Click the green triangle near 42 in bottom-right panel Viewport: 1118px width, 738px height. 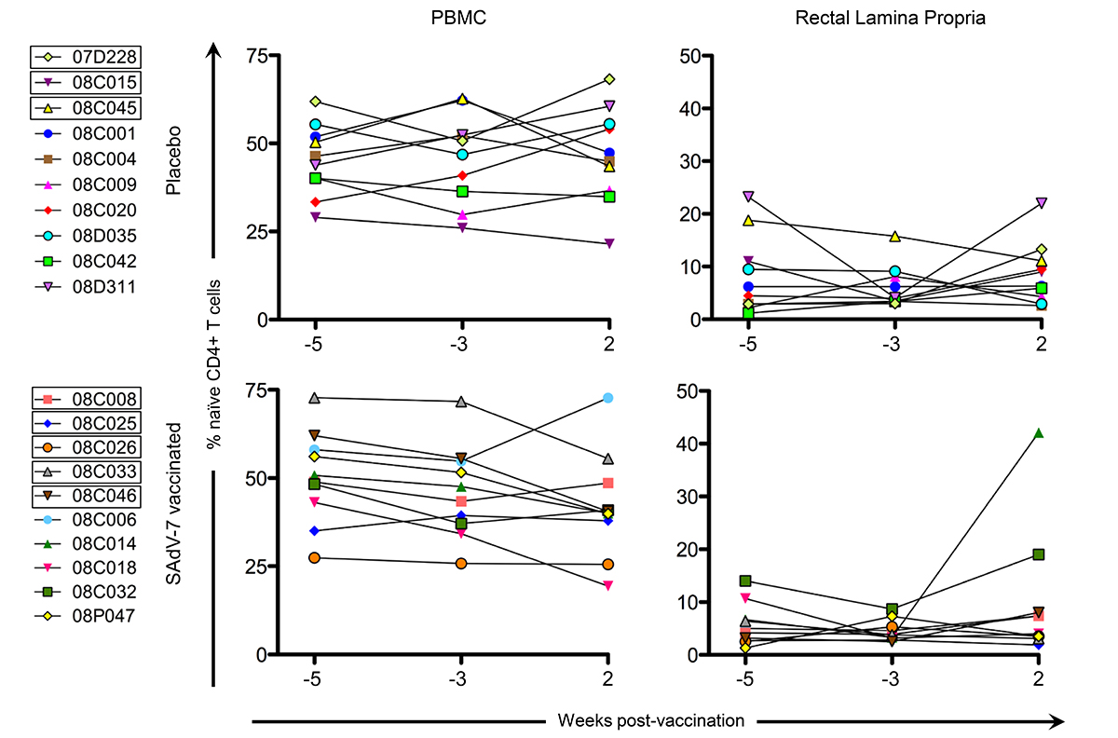tap(1041, 433)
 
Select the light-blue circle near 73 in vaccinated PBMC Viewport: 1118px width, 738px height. tap(608, 398)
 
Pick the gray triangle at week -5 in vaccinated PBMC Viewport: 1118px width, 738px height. tap(315, 398)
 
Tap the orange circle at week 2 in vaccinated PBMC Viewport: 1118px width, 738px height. tap(608, 564)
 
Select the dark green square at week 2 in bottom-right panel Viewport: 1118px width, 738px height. tap(1041, 554)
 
